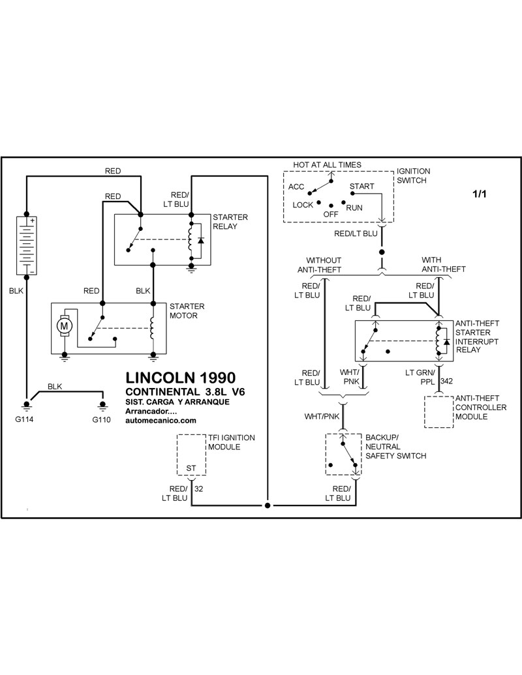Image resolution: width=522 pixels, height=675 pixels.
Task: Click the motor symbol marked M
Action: (64, 326)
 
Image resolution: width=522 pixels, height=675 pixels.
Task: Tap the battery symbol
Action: (26, 245)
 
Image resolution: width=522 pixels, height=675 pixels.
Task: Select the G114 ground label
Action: (24, 420)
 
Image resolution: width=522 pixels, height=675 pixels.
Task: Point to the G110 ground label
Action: (101, 420)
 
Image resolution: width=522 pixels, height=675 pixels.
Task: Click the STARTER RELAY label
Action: (230, 222)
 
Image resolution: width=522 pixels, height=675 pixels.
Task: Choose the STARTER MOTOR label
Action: (187, 311)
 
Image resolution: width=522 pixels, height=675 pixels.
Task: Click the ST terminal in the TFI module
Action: (191, 468)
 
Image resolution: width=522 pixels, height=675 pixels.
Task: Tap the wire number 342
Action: (446, 381)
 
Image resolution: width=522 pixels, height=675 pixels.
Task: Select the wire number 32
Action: (198, 488)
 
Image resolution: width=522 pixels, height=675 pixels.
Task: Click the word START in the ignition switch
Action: (361, 187)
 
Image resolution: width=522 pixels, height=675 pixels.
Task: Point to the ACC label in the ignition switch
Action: (296, 187)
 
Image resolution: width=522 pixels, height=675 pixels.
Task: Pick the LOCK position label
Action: (303, 205)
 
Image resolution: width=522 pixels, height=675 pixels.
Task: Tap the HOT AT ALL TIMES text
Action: (328, 165)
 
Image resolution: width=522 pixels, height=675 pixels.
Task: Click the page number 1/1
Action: (480, 194)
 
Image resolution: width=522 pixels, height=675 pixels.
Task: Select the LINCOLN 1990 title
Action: (181, 378)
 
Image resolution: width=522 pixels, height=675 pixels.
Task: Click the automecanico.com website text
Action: (161, 421)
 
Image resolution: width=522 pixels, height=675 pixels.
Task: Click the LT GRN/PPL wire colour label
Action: (420, 377)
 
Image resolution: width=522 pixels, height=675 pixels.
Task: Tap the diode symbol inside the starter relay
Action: (200, 240)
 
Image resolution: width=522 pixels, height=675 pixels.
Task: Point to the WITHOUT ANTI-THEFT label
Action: (320, 265)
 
